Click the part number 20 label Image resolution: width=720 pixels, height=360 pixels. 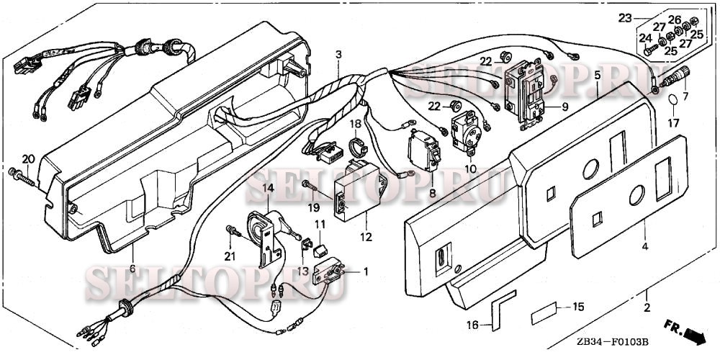click(x=29, y=159)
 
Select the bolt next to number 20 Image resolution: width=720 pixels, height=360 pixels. click(x=22, y=177)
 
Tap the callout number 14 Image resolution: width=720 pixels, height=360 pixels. click(x=268, y=187)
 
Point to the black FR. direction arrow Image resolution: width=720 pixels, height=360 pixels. click(x=694, y=336)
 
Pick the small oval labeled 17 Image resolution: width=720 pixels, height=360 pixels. click(x=672, y=99)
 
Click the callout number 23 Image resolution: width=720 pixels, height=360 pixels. click(x=626, y=19)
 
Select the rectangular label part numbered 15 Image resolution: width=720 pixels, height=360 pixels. click(x=544, y=314)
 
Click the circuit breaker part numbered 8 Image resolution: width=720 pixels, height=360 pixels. click(x=424, y=151)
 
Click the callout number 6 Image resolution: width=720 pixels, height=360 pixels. click(x=132, y=269)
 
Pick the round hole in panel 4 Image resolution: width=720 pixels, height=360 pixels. click(x=636, y=195)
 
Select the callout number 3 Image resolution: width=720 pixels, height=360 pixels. click(x=338, y=54)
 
